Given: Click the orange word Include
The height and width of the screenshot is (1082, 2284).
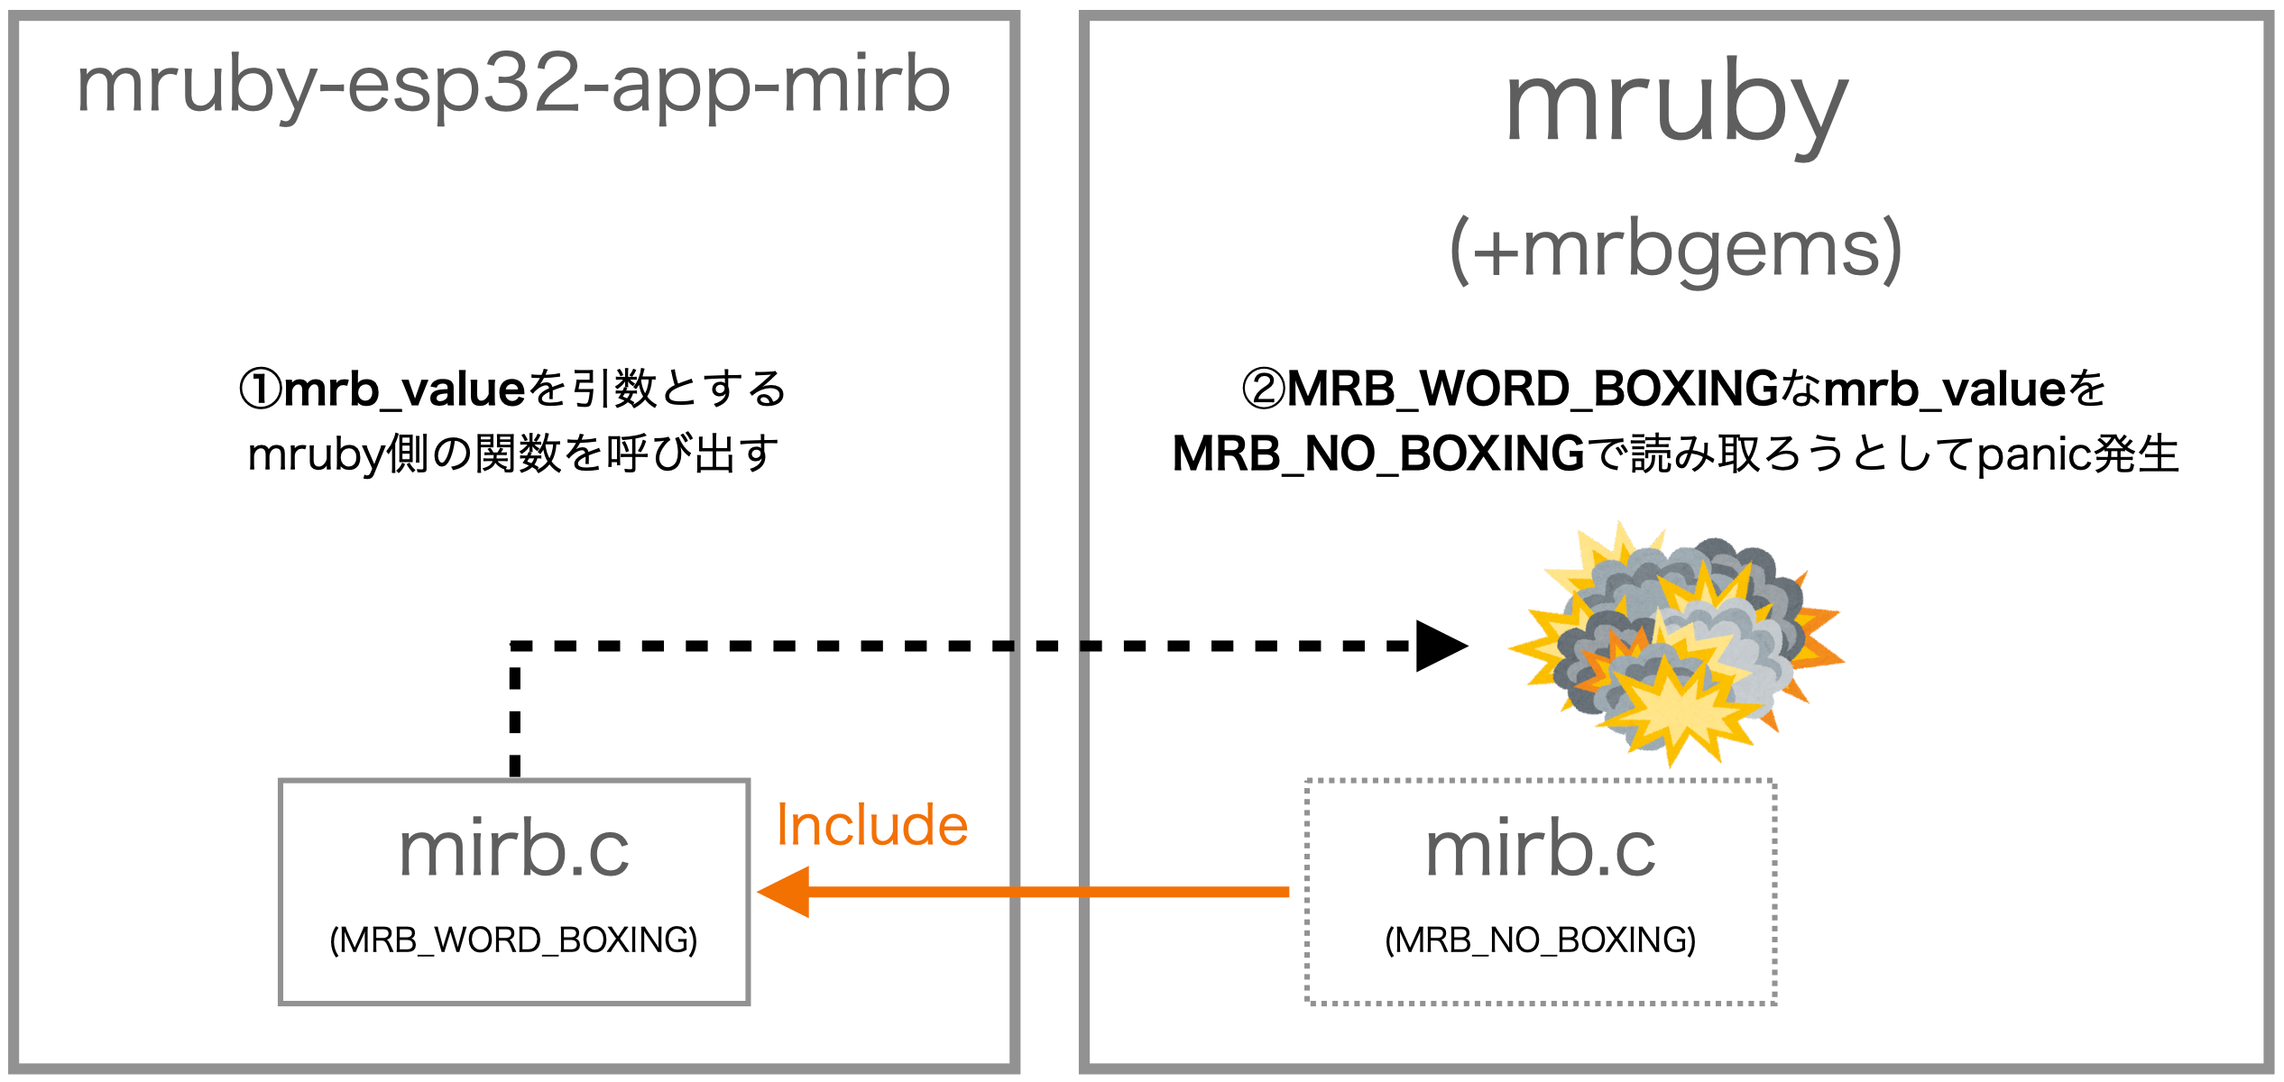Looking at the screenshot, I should coord(871,826).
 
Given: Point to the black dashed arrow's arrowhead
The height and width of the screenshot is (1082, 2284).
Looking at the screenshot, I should coord(1440,646).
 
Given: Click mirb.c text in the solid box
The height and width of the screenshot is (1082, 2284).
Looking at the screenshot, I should coord(514,849).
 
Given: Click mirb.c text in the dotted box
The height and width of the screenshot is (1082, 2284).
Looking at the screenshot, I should coord(1540,849).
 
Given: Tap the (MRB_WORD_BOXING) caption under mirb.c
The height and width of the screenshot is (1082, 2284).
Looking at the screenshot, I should coord(513,940).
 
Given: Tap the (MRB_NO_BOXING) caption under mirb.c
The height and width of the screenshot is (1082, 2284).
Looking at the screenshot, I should coord(1540,940).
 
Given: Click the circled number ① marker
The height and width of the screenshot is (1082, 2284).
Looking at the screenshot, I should coord(261,390).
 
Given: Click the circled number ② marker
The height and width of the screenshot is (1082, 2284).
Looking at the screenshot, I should coord(1264,390).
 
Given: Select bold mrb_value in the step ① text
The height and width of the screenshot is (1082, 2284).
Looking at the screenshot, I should coord(404,390).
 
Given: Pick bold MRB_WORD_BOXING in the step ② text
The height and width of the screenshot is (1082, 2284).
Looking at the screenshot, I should coord(1532,390).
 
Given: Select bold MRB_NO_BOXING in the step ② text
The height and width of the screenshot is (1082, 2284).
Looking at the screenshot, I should coord(1378,454).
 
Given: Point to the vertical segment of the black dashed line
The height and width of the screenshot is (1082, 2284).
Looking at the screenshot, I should coord(515,712).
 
